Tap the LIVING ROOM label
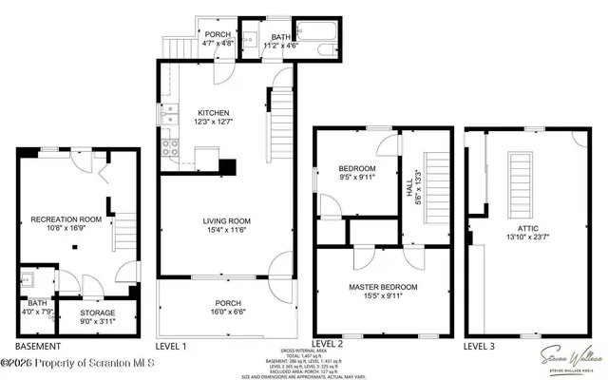point(225,222)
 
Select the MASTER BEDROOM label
point(378,286)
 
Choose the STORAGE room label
point(97,313)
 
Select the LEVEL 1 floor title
point(171,346)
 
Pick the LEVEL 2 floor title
point(328,343)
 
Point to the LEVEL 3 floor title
point(480,346)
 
